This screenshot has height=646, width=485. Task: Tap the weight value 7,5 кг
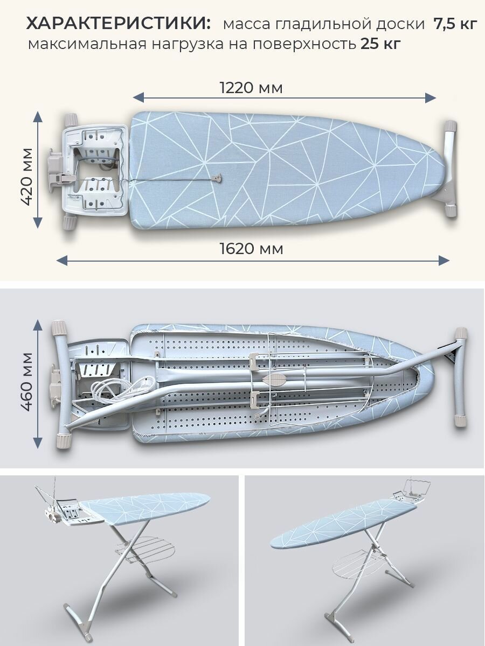coord(455,25)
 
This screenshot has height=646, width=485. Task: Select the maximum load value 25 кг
coord(380,44)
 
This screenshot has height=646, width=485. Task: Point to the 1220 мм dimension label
coord(251,88)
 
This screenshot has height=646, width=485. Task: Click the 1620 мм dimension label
coord(251,249)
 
